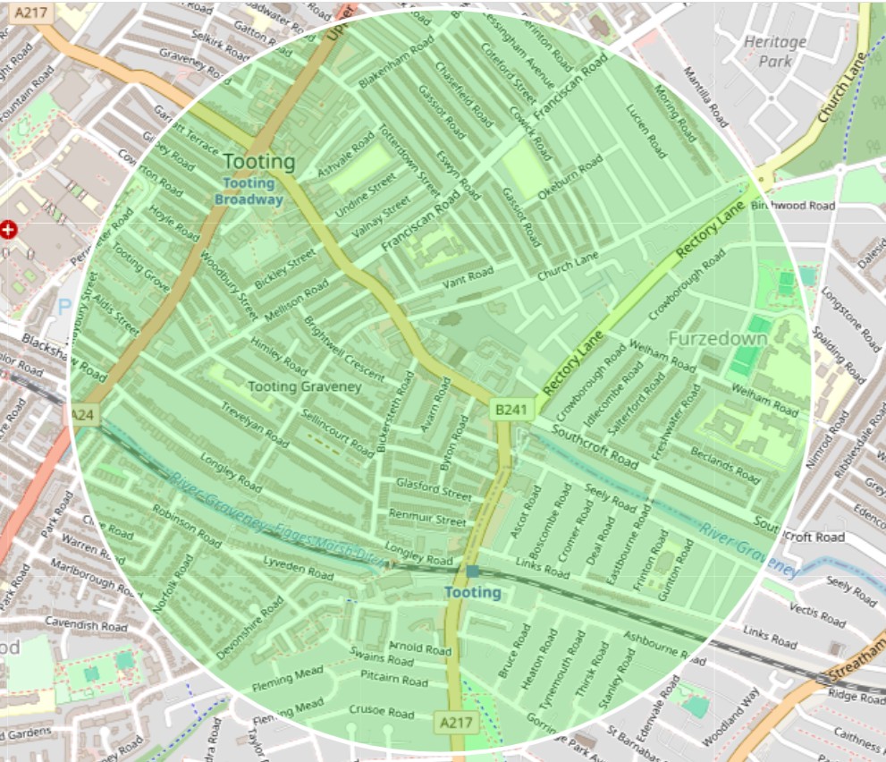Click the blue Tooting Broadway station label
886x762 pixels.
click(x=249, y=191)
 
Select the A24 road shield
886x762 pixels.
click(x=83, y=415)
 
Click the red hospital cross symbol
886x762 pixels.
click(x=9, y=230)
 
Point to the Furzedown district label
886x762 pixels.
click(x=717, y=339)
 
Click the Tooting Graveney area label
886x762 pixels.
click(x=304, y=386)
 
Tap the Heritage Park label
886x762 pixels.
click(x=774, y=51)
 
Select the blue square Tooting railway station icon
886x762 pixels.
click(x=472, y=571)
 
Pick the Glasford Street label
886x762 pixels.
click(x=433, y=490)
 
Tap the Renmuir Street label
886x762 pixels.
click(x=426, y=518)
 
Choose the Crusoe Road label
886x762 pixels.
click(x=382, y=713)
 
